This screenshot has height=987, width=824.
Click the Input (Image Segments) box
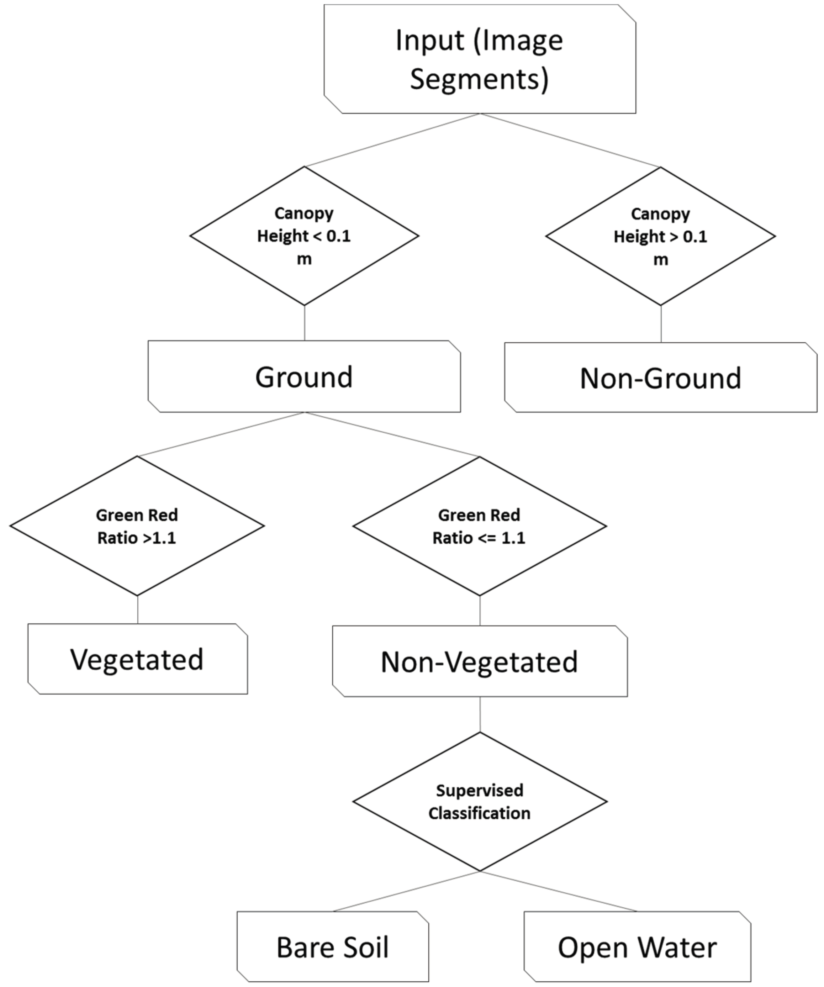click(480, 59)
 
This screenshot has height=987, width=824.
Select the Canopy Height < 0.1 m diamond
click(304, 236)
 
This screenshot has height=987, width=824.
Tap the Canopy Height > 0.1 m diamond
click(660, 236)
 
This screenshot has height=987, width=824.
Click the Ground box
click(304, 376)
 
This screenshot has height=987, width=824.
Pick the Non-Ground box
click(660, 378)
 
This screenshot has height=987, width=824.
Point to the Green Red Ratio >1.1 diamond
click(137, 526)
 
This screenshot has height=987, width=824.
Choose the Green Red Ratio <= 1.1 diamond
click(480, 526)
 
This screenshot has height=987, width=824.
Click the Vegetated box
click(137, 659)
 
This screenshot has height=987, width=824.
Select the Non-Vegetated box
click(480, 661)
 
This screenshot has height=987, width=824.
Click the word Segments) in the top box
click(480, 79)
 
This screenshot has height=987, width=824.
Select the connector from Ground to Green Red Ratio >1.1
click(221, 434)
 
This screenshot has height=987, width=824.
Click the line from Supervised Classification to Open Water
click(559, 891)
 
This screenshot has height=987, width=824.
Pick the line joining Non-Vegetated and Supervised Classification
click(480, 714)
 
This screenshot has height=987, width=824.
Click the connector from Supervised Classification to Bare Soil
click(407, 891)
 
